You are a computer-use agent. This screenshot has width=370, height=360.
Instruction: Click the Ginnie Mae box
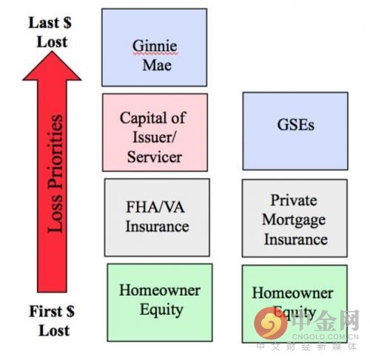[x=154, y=47]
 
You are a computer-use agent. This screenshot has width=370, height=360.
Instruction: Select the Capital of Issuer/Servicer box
[x=155, y=133]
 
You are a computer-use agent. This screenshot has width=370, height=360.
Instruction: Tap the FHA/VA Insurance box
[x=157, y=218]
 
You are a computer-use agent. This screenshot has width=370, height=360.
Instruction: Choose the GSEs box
[x=295, y=131]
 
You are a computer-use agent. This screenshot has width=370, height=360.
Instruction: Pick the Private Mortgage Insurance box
[x=295, y=219]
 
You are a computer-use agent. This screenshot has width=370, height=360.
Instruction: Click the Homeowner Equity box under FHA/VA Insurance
[x=160, y=303]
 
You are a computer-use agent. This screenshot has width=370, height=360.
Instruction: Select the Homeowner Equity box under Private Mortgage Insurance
[x=295, y=304]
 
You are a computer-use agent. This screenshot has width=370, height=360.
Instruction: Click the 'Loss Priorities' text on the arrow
[x=55, y=173]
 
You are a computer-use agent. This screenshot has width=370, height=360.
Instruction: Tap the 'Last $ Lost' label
[x=50, y=33]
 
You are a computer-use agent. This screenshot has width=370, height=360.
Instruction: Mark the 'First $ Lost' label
[x=53, y=321]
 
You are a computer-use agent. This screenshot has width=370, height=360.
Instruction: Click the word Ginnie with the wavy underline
[x=155, y=47]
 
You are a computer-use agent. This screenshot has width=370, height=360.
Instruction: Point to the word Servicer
[x=155, y=157]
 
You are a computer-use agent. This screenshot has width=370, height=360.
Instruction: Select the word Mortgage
[x=294, y=220]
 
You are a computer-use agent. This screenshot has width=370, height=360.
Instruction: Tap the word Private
[x=294, y=200]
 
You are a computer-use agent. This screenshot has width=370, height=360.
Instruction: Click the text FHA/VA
[x=155, y=207]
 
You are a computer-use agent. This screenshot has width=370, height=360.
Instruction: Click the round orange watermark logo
[x=271, y=323]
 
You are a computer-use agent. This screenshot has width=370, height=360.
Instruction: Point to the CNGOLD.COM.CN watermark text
[x=325, y=336]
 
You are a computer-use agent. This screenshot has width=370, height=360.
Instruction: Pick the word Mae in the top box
[x=157, y=65]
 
